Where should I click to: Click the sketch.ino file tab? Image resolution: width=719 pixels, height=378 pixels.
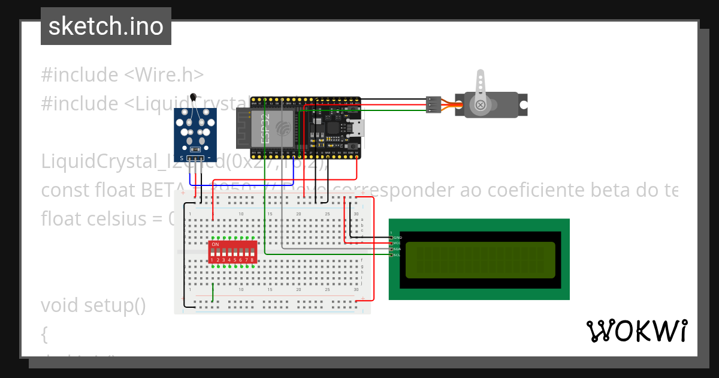[x=106, y=26]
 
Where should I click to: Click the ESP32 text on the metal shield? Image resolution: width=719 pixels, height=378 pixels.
[x=264, y=128]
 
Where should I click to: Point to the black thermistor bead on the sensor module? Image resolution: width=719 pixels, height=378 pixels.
[x=192, y=97]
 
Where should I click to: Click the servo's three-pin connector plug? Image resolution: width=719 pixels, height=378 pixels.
[x=434, y=104]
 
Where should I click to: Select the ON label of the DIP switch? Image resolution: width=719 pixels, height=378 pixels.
[x=215, y=245]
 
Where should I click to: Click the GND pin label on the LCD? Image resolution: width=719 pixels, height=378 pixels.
[x=397, y=238]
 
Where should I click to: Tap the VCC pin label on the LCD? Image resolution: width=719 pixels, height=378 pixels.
[x=397, y=243]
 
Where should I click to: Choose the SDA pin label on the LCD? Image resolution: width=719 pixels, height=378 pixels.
[x=397, y=249]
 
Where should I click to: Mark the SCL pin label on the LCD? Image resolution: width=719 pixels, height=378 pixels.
[x=397, y=255]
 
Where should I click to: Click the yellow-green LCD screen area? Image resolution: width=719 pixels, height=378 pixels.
[x=480, y=260]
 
